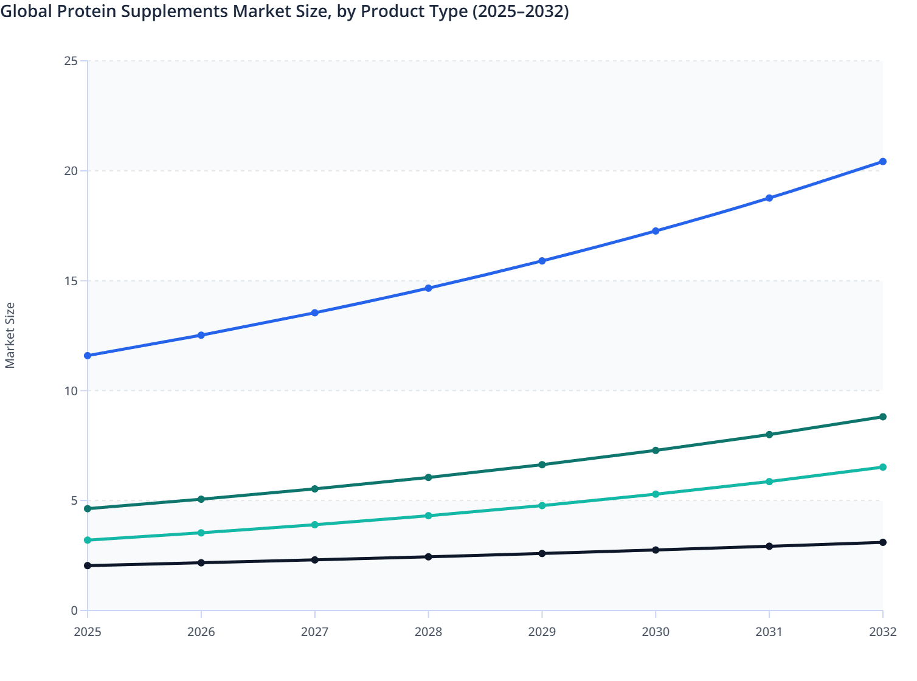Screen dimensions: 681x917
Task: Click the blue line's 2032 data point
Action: click(x=882, y=162)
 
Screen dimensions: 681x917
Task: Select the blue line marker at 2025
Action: click(x=88, y=356)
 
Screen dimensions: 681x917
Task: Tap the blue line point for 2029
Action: click(x=542, y=261)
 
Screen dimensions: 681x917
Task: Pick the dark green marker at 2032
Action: click(x=882, y=417)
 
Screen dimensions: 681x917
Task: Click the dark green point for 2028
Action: click(x=428, y=477)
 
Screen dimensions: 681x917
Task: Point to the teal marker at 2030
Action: click(x=656, y=494)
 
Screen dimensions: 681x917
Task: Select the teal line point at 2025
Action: click(x=88, y=540)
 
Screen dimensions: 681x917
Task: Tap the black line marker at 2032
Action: click(x=882, y=542)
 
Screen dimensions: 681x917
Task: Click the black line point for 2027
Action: click(x=315, y=559)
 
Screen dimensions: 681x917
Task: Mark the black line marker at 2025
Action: click(x=88, y=565)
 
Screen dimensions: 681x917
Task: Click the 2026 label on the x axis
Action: click(x=201, y=632)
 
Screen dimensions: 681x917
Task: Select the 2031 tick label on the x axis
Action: click(x=769, y=632)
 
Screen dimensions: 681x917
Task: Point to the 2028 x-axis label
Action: click(x=428, y=632)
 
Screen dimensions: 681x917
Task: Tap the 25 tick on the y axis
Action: click(x=71, y=61)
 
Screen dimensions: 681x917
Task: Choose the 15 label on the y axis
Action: click(x=71, y=281)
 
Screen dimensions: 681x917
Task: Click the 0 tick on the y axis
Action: click(x=74, y=610)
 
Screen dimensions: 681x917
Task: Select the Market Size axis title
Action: click(x=10, y=335)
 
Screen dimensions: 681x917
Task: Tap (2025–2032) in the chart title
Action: click(x=521, y=11)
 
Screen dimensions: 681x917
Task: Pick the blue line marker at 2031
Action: click(x=769, y=198)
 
